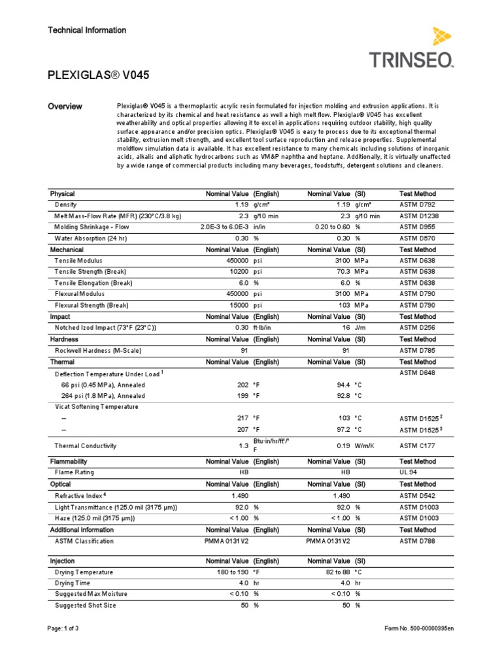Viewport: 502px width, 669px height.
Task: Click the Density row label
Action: [66, 204]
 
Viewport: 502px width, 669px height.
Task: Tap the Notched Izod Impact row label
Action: [105, 327]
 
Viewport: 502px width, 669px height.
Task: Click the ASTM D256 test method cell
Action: [418, 327]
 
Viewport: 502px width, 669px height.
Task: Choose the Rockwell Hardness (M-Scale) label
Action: [98, 350]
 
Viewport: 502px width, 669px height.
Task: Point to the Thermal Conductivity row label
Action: [86, 446]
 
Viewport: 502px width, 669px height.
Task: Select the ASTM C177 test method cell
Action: [418, 446]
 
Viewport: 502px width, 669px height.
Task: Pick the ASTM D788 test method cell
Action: [418, 541]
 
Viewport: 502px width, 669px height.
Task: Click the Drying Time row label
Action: [74, 583]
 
